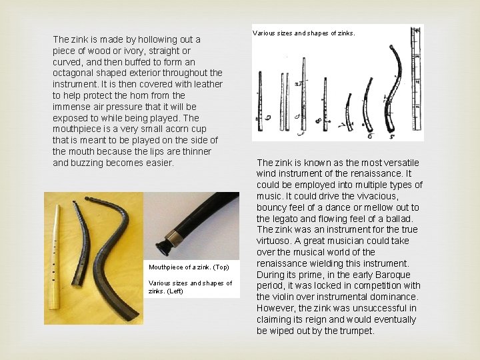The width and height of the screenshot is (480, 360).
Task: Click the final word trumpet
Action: click(357, 331)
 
